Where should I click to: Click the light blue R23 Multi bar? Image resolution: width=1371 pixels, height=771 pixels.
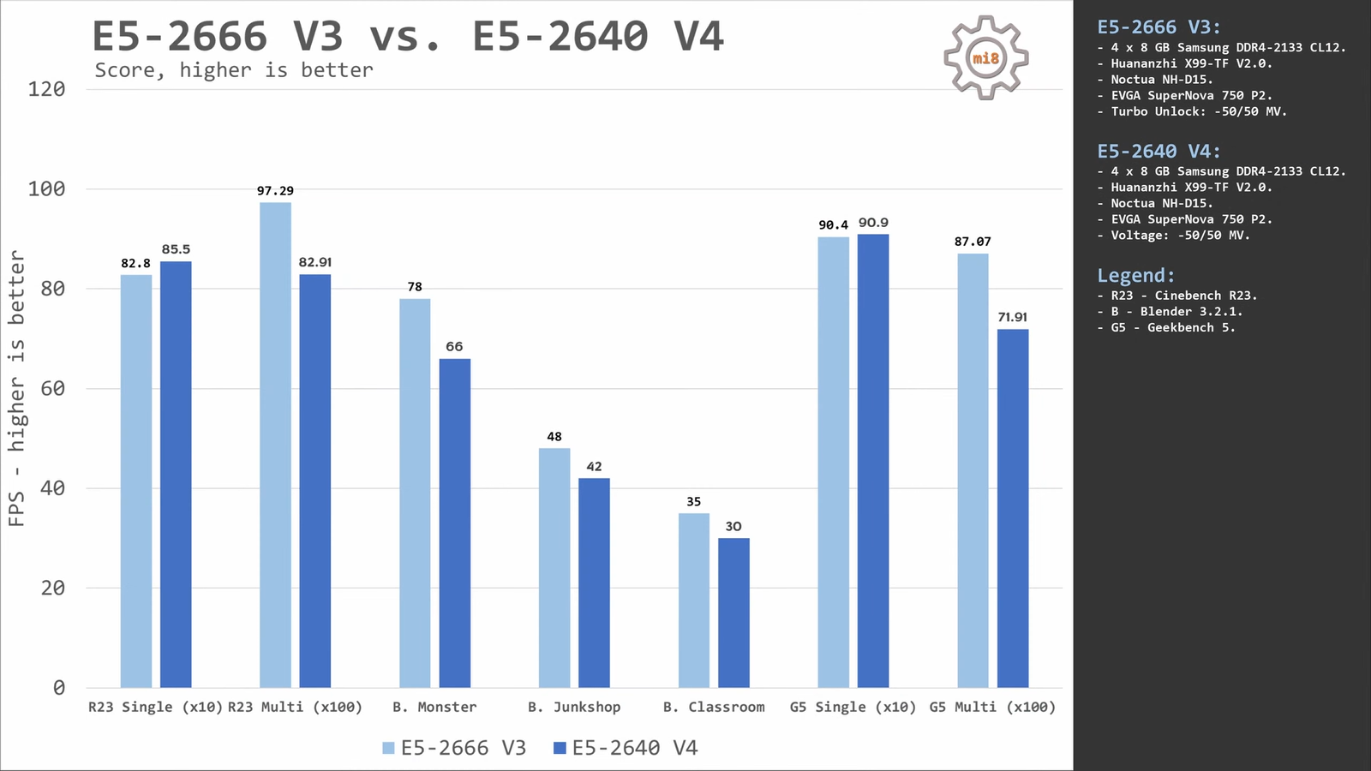(275, 445)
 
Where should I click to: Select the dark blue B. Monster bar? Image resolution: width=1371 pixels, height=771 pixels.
(455, 523)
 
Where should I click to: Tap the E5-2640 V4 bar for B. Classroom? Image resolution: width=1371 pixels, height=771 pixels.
(733, 613)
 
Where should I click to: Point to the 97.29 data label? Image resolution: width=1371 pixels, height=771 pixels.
(275, 191)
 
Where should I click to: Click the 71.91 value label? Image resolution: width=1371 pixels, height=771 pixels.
(1012, 318)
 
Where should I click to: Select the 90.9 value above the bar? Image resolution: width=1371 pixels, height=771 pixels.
(873, 223)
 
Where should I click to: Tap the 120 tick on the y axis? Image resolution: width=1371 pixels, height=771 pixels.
(46, 89)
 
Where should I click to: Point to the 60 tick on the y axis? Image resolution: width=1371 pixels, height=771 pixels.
(52, 389)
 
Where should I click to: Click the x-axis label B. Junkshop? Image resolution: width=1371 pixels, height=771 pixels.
(574, 707)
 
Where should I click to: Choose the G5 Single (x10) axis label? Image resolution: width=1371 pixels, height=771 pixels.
(853, 707)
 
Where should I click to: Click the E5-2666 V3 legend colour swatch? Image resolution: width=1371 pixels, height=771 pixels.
(388, 748)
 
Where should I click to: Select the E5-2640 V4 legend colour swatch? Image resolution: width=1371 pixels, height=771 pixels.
(560, 748)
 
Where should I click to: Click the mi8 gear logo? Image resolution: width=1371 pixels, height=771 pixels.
(985, 57)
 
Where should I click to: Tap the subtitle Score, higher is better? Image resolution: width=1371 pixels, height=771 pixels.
(234, 70)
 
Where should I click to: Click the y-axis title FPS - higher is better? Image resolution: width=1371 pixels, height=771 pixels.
(16, 388)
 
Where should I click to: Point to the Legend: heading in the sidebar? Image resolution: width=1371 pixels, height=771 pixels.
(1135, 276)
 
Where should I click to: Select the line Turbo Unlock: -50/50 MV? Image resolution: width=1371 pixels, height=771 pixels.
(1198, 111)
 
